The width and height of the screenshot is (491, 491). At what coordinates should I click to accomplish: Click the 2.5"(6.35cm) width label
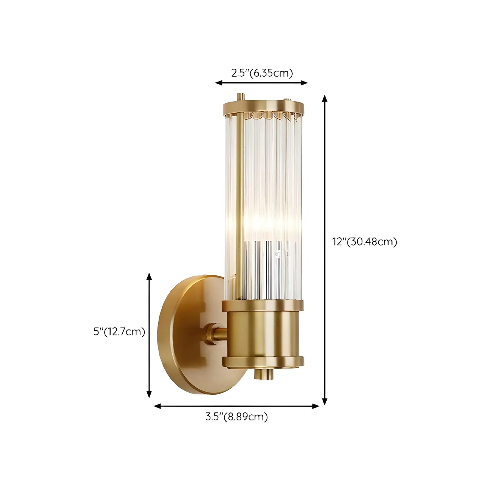point(262,73)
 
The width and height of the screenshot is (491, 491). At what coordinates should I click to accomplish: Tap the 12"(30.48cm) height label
point(364,241)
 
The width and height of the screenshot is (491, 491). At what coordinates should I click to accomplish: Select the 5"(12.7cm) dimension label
point(119,332)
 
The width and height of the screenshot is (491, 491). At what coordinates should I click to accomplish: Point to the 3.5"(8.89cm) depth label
point(236,417)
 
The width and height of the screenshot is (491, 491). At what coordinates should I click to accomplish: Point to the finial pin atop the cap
point(239,97)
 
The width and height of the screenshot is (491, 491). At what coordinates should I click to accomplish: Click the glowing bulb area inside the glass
point(264,223)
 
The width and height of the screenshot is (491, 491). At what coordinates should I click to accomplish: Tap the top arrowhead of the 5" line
point(149,276)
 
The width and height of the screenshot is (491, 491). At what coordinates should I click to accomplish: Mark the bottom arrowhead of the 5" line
point(149,394)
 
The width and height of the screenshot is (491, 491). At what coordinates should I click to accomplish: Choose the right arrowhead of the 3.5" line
point(316,406)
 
